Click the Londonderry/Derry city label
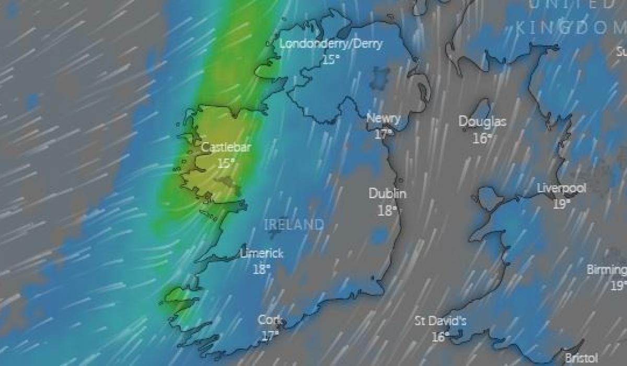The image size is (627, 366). point(331,44)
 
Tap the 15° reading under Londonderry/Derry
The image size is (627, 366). point(331,60)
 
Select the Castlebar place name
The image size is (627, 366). point(226,147)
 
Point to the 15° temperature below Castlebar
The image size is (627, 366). point(226,163)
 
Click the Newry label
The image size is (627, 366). point(384,118)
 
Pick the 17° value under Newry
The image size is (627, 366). point(384,134)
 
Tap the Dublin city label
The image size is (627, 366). point(388,193)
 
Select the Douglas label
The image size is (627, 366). point(482,122)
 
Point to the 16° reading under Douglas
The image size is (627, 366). point(482,138)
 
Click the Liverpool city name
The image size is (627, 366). point(562,188)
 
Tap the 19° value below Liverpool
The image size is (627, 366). point(562,204)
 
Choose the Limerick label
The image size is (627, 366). point(262,254)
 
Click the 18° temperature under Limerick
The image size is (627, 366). point(262,269)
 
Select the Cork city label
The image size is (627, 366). point(270,320)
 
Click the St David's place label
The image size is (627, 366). point(440,321)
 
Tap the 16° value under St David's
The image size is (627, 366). point(440,337)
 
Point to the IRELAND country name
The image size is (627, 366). point(294,225)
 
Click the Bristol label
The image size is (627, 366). point(581,359)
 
